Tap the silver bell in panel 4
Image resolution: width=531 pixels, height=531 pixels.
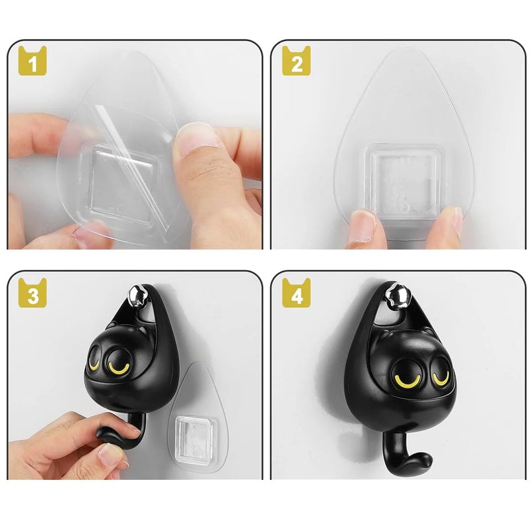(x=398, y=293)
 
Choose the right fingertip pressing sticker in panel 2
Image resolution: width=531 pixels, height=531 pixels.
(x=448, y=222)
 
